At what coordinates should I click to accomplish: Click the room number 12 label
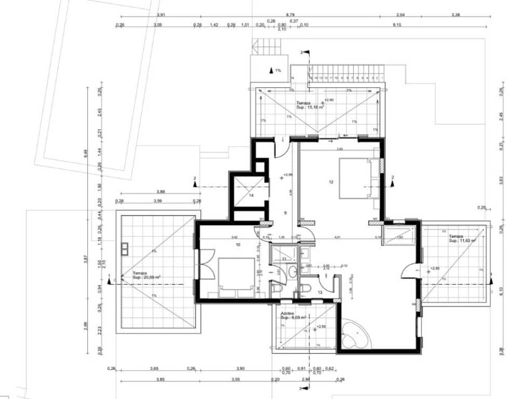tap(330, 182)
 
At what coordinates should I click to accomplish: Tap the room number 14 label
tap(250, 196)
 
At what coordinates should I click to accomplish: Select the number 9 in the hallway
tap(285, 213)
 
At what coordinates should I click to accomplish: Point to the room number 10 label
tap(238, 244)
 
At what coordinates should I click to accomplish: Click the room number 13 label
tap(320, 292)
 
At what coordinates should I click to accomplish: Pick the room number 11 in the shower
tap(284, 258)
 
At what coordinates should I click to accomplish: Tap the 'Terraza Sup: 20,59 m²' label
tap(146, 275)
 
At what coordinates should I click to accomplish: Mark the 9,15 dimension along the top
tap(397, 25)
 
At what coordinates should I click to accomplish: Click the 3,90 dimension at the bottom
tap(240, 368)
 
